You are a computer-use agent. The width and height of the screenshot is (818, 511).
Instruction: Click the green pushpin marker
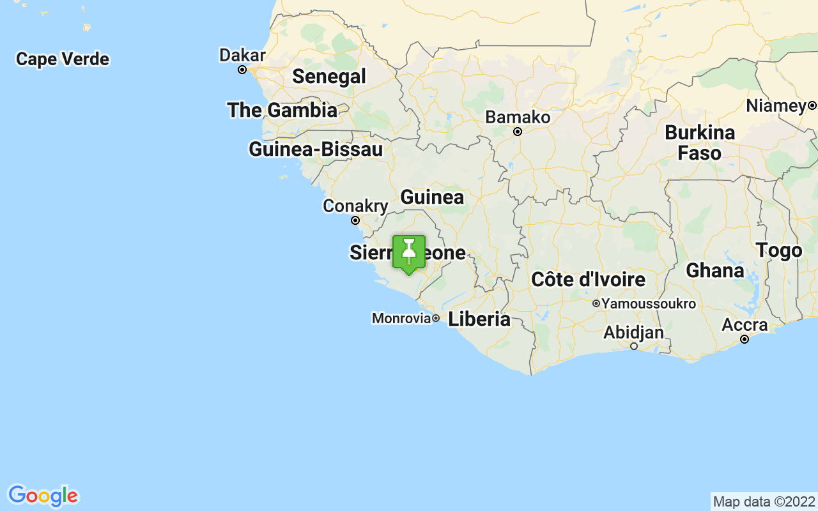click(409, 254)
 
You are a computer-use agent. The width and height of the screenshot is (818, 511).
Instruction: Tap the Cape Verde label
click(63, 59)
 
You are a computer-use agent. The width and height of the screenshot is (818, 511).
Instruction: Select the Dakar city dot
click(242, 70)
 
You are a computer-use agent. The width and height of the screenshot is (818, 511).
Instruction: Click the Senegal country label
click(329, 77)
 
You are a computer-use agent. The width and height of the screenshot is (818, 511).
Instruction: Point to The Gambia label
click(282, 110)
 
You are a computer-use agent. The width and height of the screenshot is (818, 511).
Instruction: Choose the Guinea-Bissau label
click(316, 149)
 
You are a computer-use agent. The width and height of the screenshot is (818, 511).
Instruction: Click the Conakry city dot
click(355, 220)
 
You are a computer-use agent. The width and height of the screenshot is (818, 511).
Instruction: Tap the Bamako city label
click(518, 118)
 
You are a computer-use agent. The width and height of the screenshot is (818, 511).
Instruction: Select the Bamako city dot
click(518, 132)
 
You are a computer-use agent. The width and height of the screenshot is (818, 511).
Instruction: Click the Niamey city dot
click(812, 105)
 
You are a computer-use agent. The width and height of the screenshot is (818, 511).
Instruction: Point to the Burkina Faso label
click(700, 143)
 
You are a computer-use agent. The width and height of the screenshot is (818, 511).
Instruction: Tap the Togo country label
click(778, 250)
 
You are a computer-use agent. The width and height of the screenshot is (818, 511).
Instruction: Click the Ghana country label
click(714, 271)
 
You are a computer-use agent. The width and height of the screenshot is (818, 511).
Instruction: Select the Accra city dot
click(745, 339)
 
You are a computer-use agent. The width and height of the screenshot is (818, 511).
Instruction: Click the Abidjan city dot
click(634, 346)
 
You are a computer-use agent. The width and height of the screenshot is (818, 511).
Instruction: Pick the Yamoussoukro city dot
click(596, 303)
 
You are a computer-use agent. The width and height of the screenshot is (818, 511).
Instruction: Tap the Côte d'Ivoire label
click(588, 279)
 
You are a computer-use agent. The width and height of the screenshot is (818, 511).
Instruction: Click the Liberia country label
click(479, 319)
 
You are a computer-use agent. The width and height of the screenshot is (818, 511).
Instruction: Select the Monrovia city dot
click(436, 318)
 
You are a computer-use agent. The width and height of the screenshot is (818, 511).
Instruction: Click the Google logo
click(43, 496)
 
